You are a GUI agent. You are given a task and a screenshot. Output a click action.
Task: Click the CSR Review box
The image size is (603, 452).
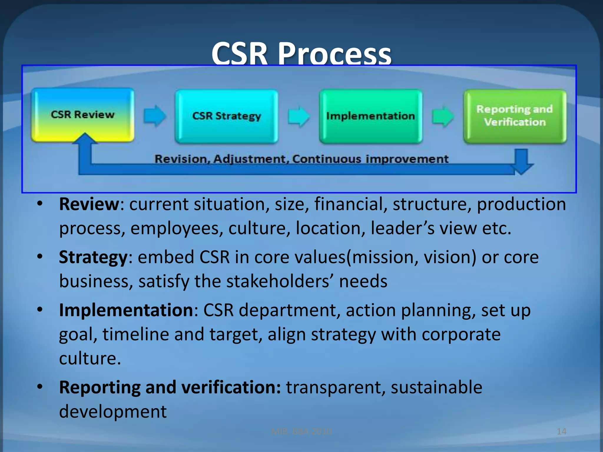[82, 115]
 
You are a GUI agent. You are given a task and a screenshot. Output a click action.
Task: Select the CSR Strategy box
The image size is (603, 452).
[226, 116]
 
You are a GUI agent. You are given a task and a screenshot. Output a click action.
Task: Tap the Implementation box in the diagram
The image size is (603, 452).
[371, 116]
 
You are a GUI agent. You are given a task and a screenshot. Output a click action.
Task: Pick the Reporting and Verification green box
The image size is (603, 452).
[515, 116]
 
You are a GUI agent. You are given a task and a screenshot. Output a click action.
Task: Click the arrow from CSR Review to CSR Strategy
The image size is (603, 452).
[155, 116]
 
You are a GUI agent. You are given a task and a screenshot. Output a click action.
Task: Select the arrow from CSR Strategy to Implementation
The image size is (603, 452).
[299, 116]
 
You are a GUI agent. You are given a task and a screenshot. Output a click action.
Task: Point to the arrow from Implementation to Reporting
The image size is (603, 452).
[443, 116]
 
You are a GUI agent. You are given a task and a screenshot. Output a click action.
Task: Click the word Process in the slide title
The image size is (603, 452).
[334, 54]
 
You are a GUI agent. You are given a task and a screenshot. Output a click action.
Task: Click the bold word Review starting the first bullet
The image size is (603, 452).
[89, 204]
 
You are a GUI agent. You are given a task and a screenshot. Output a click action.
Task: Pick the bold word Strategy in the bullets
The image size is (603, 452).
[93, 257]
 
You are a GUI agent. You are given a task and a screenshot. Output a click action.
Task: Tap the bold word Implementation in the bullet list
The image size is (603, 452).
[126, 310]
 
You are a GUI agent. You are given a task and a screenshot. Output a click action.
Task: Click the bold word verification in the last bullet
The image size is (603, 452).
[231, 387]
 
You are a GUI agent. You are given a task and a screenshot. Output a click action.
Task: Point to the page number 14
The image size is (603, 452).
[561, 431]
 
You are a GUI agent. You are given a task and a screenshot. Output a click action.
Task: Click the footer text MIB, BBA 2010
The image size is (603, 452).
[301, 431]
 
